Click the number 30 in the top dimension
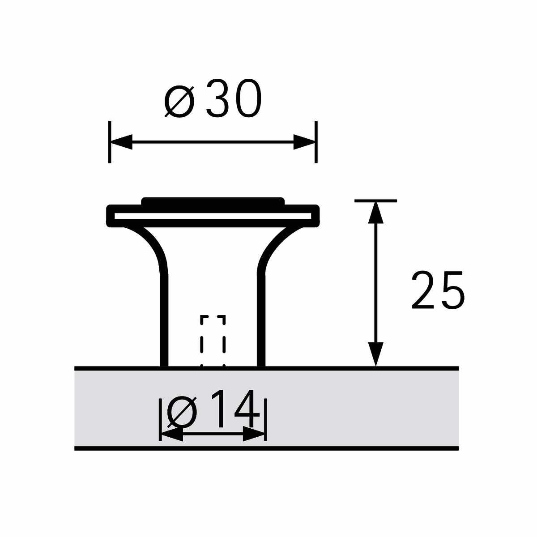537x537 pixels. [x=234, y=98]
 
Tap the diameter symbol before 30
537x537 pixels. [x=179, y=101]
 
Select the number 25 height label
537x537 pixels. [x=438, y=290]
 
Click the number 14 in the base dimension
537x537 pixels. [x=235, y=409]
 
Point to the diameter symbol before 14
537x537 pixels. [x=182, y=412]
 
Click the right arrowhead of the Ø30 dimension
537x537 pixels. [x=304, y=142]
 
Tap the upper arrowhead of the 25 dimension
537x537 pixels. [x=375, y=213]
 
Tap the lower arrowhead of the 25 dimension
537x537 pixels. [x=375, y=354]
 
